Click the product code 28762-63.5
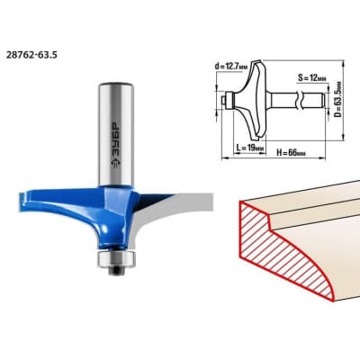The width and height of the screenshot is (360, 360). [x=31, y=56]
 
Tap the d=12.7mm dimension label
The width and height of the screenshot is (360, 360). [x=231, y=67]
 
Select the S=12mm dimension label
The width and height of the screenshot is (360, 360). [x=312, y=78]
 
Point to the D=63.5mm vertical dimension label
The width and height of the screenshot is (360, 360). [x=338, y=99]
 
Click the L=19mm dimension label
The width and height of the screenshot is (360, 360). [x=250, y=148]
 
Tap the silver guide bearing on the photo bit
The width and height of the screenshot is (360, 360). [x=116, y=258]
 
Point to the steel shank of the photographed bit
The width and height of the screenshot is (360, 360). [x=116, y=134]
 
